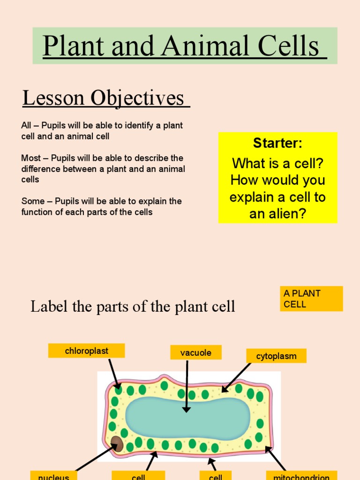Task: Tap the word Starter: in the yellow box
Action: click(277, 143)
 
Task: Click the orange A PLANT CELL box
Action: click(311, 299)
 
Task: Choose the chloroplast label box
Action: click(86, 351)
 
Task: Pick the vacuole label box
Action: click(195, 352)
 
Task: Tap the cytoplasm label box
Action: click(276, 356)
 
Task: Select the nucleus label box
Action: click(53, 476)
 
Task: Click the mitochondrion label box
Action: click(301, 476)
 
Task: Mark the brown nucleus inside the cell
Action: click(117, 443)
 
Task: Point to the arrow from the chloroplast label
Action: click(113, 374)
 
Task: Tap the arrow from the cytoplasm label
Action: click(237, 377)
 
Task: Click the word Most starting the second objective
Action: click(31, 158)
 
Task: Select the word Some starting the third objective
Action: click(32, 201)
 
